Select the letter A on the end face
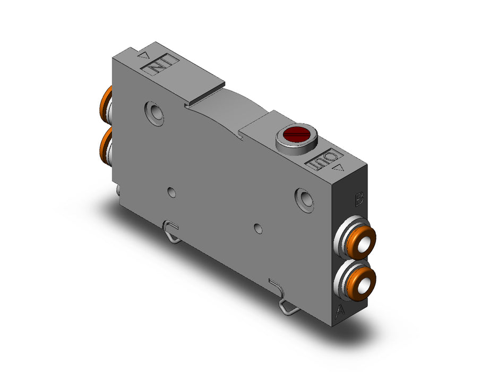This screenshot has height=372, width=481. point(339,311)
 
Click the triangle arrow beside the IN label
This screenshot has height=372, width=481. point(143,55)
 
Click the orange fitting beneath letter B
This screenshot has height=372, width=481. point(362,242)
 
